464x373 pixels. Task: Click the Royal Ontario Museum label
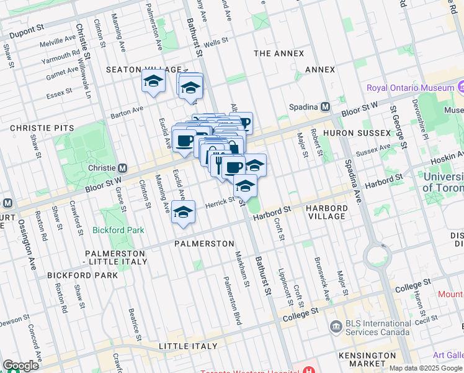(410, 88)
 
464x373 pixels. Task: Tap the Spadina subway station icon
(324, 107)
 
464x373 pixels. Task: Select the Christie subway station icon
(123, 168)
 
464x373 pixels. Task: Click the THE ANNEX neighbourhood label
(279, 53)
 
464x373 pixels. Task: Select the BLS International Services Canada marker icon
(336, 326)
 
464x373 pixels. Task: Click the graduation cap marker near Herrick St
(183, 212)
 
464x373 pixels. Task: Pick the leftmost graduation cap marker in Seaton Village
(153, 81)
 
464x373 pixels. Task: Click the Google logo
(20, 366)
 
